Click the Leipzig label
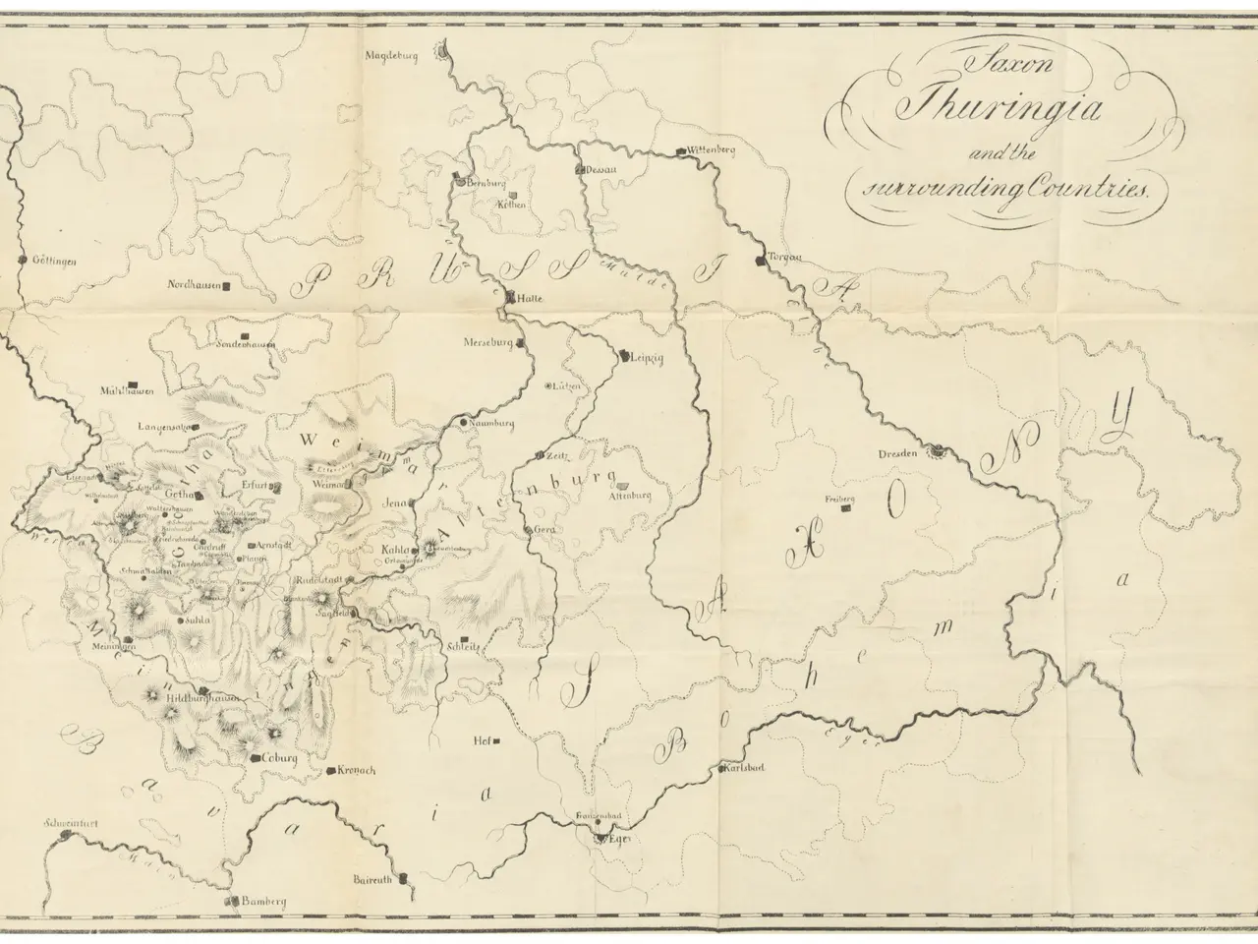645,359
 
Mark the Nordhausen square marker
227,286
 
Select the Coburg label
279,759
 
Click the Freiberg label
841,500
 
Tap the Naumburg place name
493,424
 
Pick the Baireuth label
371,880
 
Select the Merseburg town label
489,343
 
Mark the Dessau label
600,170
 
